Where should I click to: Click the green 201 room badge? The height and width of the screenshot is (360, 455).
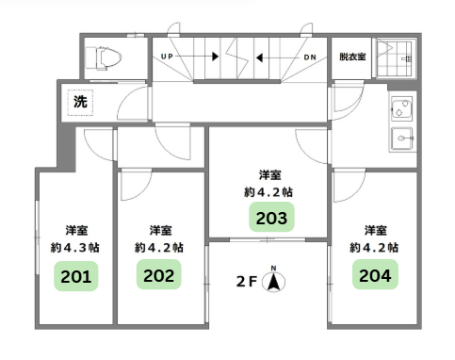tap(76, 276)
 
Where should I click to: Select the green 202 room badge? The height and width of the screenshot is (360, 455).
tap(159, 274)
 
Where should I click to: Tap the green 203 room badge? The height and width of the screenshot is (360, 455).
tap(271, 217)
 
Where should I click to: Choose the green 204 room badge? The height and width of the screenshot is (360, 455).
tap(375, 274)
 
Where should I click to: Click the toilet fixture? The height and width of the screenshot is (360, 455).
tap(104, 58)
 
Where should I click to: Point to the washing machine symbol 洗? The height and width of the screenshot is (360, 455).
tap(80, 102)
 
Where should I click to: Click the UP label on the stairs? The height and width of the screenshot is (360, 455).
tap(167, 57)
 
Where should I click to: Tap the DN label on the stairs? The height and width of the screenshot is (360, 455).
tap(310, 57)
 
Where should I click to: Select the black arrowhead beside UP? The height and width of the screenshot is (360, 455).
tap(216, 57)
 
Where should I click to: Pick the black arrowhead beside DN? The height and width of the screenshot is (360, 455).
tap(259, 57)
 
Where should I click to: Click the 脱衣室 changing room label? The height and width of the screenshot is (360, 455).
tap(352, 57)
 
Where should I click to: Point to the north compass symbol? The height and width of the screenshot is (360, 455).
tap(273, 280)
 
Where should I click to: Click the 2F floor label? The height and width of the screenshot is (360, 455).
tap(247, 282)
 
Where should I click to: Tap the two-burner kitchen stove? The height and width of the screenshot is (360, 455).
tap(402, 108)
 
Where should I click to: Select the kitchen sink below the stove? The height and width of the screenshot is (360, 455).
tap(402, 139)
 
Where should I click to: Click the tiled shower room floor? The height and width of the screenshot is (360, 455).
tap(396, 57)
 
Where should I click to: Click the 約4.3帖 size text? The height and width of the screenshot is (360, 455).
tap(75, 248)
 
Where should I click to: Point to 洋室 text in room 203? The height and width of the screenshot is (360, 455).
tap(270, 174)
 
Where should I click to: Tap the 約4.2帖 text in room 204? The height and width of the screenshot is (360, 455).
tap(374, 248)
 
